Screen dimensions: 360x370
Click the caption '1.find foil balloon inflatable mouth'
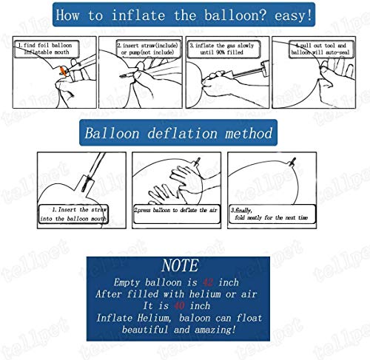pyautogui.click(x=51, y=49)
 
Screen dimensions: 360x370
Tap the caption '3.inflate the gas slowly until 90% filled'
pyautogui.click(x=224, y=49)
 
